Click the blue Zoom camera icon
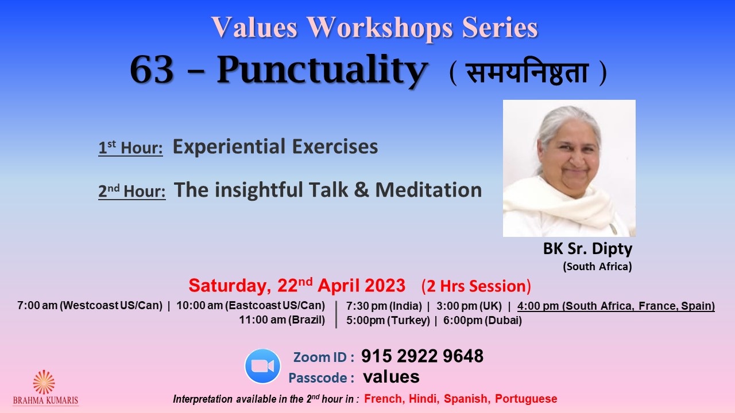click(x=262, y=366)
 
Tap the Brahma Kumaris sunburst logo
click(x=44, y=382)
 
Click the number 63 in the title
click(x=152, y=70)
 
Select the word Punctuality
click(x=323, y=71)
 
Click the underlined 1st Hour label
click(x=130, y=147)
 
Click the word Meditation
click(x=428, y=190)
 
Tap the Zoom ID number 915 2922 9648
click(x=422, y=356)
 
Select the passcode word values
click(x=391, y=377)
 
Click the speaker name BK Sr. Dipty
click(x=587, y=248)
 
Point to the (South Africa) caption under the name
click(x=597, y=267)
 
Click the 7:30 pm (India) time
click(x=384, y=306)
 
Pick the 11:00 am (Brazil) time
click(x=282, y=320)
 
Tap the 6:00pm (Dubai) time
click(x=482, y=321)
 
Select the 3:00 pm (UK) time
click(x=469, y=306)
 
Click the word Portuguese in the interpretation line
click(x=526, y=399)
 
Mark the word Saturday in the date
click(x=229, y=286)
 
